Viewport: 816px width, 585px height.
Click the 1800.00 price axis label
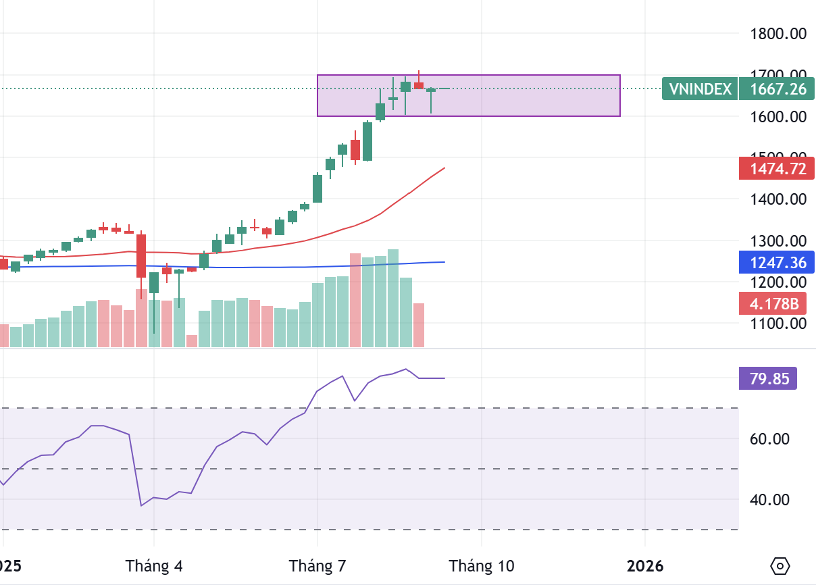(x=779, y=33)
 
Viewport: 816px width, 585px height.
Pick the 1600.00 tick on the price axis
(x=779, y=117)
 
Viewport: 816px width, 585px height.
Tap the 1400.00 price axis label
(x=779, y=199)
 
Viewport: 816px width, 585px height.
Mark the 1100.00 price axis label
(x=779, y=324)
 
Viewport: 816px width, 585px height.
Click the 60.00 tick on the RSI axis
(x=789, y=439)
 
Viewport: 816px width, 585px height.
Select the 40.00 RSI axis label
(x=789, y=500)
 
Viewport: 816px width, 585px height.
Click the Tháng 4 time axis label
(x=155, y=565)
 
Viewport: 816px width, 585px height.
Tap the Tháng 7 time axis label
(x=317, y=565)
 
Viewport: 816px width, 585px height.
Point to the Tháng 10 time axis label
(x=482, y=565)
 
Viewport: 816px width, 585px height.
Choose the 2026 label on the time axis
(x=644, y=565)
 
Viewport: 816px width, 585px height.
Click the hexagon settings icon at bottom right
(x=780, y=565)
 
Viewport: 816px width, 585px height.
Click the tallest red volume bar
(x=355, y=301)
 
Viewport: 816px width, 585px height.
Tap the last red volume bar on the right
(x=419, y=326)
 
